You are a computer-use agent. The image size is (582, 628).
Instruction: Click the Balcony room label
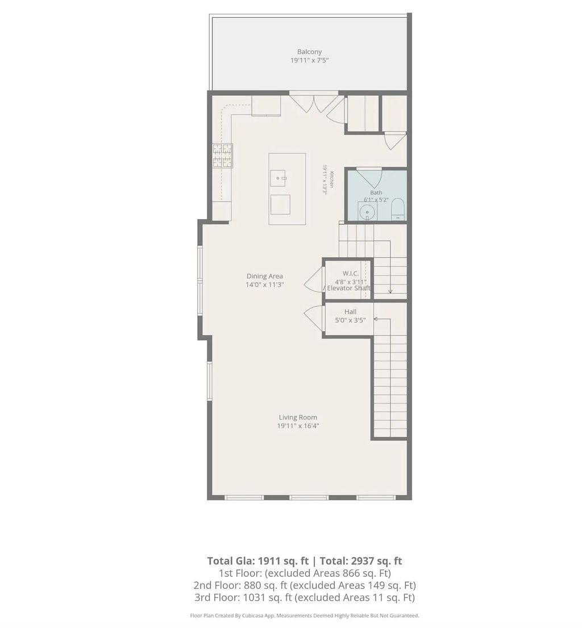[309, 52]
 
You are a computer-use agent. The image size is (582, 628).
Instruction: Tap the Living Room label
[298, 417]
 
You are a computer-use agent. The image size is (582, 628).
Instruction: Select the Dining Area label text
[264, 276]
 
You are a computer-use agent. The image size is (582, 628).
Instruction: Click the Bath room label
[376, 192]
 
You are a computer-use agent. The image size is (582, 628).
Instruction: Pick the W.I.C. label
[350, 273]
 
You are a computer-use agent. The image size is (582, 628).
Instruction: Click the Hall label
[350, 312]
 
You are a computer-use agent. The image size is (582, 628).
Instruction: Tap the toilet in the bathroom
[398, 208]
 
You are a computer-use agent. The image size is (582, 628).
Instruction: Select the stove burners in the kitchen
[222, 155]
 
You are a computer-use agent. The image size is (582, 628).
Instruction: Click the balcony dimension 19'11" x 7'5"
[309, 61]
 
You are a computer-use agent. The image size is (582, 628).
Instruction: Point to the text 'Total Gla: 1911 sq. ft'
[257, 561]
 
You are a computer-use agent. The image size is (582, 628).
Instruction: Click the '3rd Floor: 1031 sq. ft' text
[243, 597]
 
